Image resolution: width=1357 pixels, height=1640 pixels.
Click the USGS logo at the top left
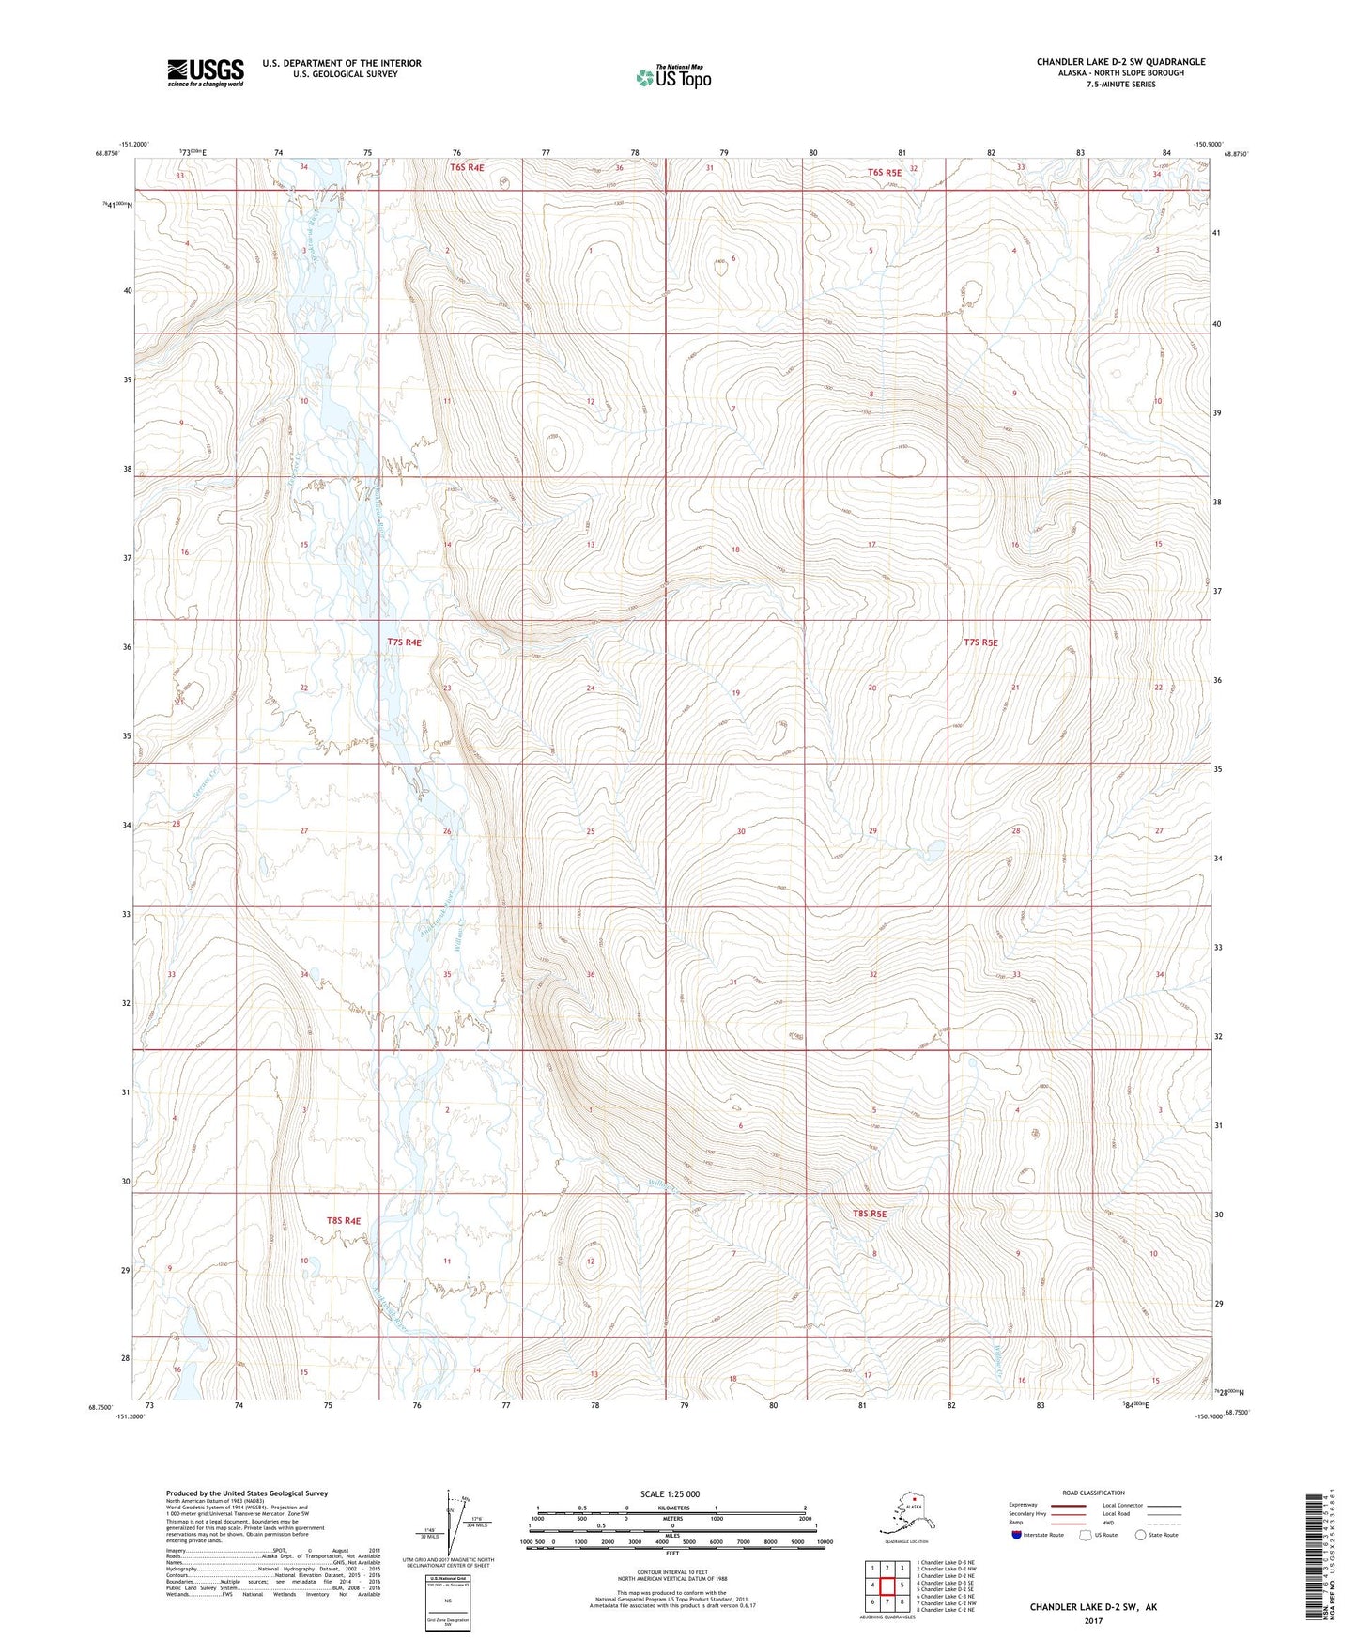(205, 72)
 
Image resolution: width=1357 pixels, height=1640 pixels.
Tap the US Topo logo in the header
(672, 76)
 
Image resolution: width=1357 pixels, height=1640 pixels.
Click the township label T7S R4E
(404, 642)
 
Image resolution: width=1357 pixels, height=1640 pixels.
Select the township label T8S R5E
(869, 1214)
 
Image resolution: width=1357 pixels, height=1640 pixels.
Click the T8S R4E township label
(343, 1220)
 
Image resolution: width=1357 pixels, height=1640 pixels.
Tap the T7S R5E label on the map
(979, 642)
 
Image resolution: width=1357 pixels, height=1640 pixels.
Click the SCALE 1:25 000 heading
(669, 1493)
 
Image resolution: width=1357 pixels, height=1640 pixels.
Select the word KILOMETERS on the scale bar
(671, 1508)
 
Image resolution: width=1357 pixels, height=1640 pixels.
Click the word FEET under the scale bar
(671, 1553)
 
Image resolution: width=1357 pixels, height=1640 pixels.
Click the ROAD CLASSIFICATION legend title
(1093, 1493)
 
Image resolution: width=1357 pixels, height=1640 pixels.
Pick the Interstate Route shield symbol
(1016, 1535)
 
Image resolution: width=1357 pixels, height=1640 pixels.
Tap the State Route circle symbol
(1140, 1535)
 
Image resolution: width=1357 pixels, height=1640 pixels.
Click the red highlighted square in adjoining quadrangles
(887, 1586)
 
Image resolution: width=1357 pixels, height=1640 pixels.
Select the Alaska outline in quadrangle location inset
(905, 1515)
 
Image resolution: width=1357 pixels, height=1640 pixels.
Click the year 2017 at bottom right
(1092, 1620)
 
